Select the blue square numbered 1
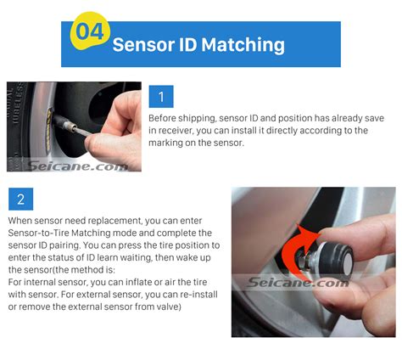(160, 96)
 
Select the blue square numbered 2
(20, 200)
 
